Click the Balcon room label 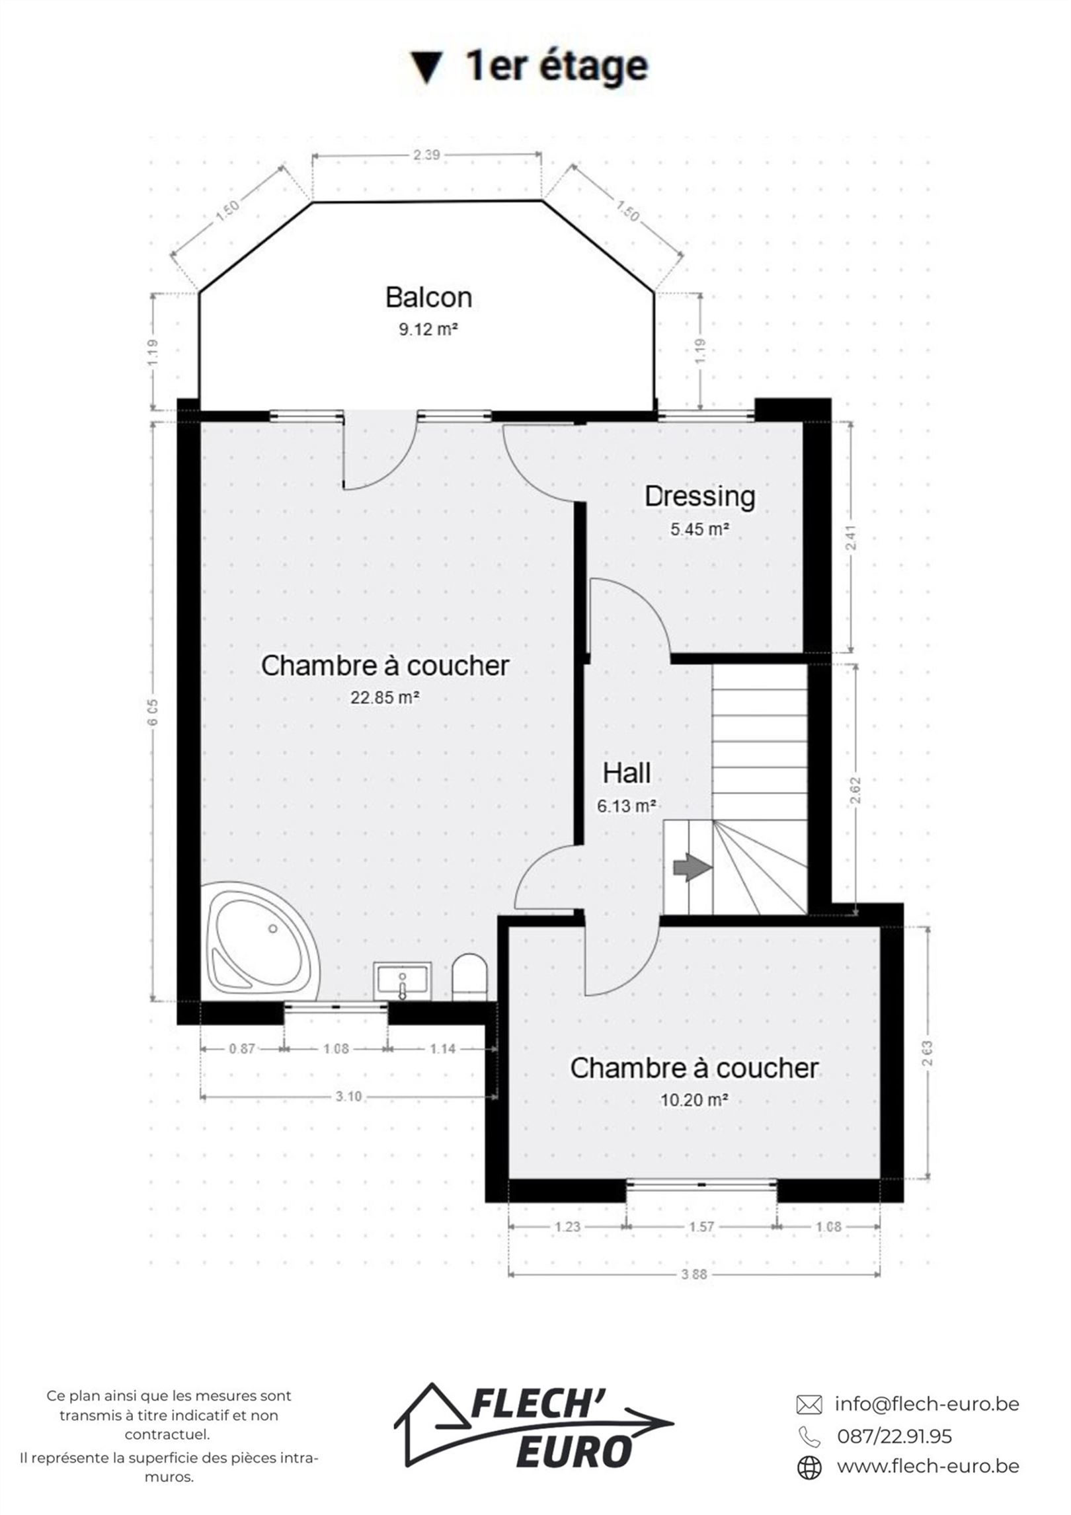tap(428, 297)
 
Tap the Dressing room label tap(699, 497)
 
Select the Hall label tap(626, 773)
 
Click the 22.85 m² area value tap(385, 697)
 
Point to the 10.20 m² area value tap(694, 1100)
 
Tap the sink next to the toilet tap(402, 981)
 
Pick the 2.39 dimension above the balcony tap(426, 155)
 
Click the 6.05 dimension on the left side tap(153, 713)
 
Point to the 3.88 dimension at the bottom tap(694, 1274)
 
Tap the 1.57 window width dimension tap(701, 1227)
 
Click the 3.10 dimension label tap(348, 1097)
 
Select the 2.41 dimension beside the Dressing tap(852, 537)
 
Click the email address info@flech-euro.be tap(927, 1404)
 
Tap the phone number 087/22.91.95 tap(894, 1436)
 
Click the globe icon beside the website tap(809, 1467)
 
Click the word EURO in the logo tap(574, 1453)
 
